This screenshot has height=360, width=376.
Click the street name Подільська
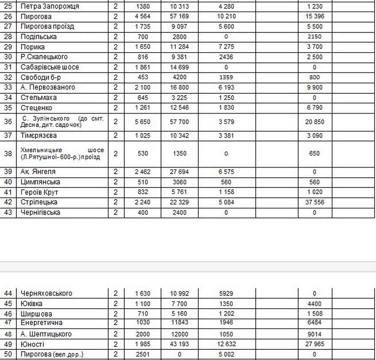tap(38, 37)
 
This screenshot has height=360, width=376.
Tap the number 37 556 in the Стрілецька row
tap(315, 202)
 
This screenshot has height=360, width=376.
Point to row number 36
tap(8, 122)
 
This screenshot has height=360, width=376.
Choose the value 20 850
tap(315, 122)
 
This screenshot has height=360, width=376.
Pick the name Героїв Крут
tap(39, 192)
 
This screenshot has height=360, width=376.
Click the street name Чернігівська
tap(41, 212)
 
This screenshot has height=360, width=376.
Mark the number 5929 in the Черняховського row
tap(226, 293)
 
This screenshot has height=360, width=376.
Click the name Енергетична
tap(42, 323)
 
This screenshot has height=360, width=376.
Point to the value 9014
tap(315, 334)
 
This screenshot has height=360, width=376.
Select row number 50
tap(8, 354)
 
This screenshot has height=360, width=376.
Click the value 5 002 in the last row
tap(226, 354)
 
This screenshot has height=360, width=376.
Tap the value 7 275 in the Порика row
tap(226, 47)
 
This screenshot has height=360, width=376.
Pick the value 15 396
tap(315, 16)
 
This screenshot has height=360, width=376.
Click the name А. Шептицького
tap(46, 334)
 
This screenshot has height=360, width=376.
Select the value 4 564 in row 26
tap(142, 16)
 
